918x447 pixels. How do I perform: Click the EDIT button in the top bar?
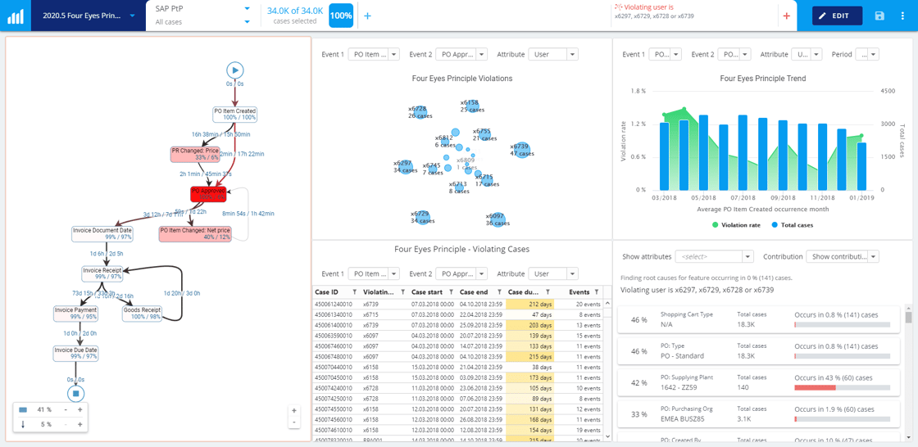(x=837, y=16)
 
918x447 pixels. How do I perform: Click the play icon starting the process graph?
(x=234, y=70)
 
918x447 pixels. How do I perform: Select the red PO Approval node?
(x=208, y=194)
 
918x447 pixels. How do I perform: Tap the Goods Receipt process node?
(x=142, y=313)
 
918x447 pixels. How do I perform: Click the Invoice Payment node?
(x=75, y=313)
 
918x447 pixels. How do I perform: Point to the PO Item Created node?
(x=234, y=114)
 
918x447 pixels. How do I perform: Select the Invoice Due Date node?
(x=75, y=353)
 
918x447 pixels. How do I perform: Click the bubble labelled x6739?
(x=522, y=150)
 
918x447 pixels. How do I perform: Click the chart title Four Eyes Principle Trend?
(x=762, y=79)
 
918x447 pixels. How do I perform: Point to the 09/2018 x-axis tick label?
(x=783, y=198)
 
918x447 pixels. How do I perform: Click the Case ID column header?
(x=327, y=292)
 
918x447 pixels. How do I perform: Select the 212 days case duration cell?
(x=529, y=305)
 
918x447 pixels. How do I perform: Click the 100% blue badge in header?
(x=341, y=16)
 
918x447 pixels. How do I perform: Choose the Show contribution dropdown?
(x=842, y=256)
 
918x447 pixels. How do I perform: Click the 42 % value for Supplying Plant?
(x=639, y=382)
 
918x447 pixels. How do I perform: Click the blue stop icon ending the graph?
(x=75, y=394)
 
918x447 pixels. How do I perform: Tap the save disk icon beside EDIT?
(x=879, y=16)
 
